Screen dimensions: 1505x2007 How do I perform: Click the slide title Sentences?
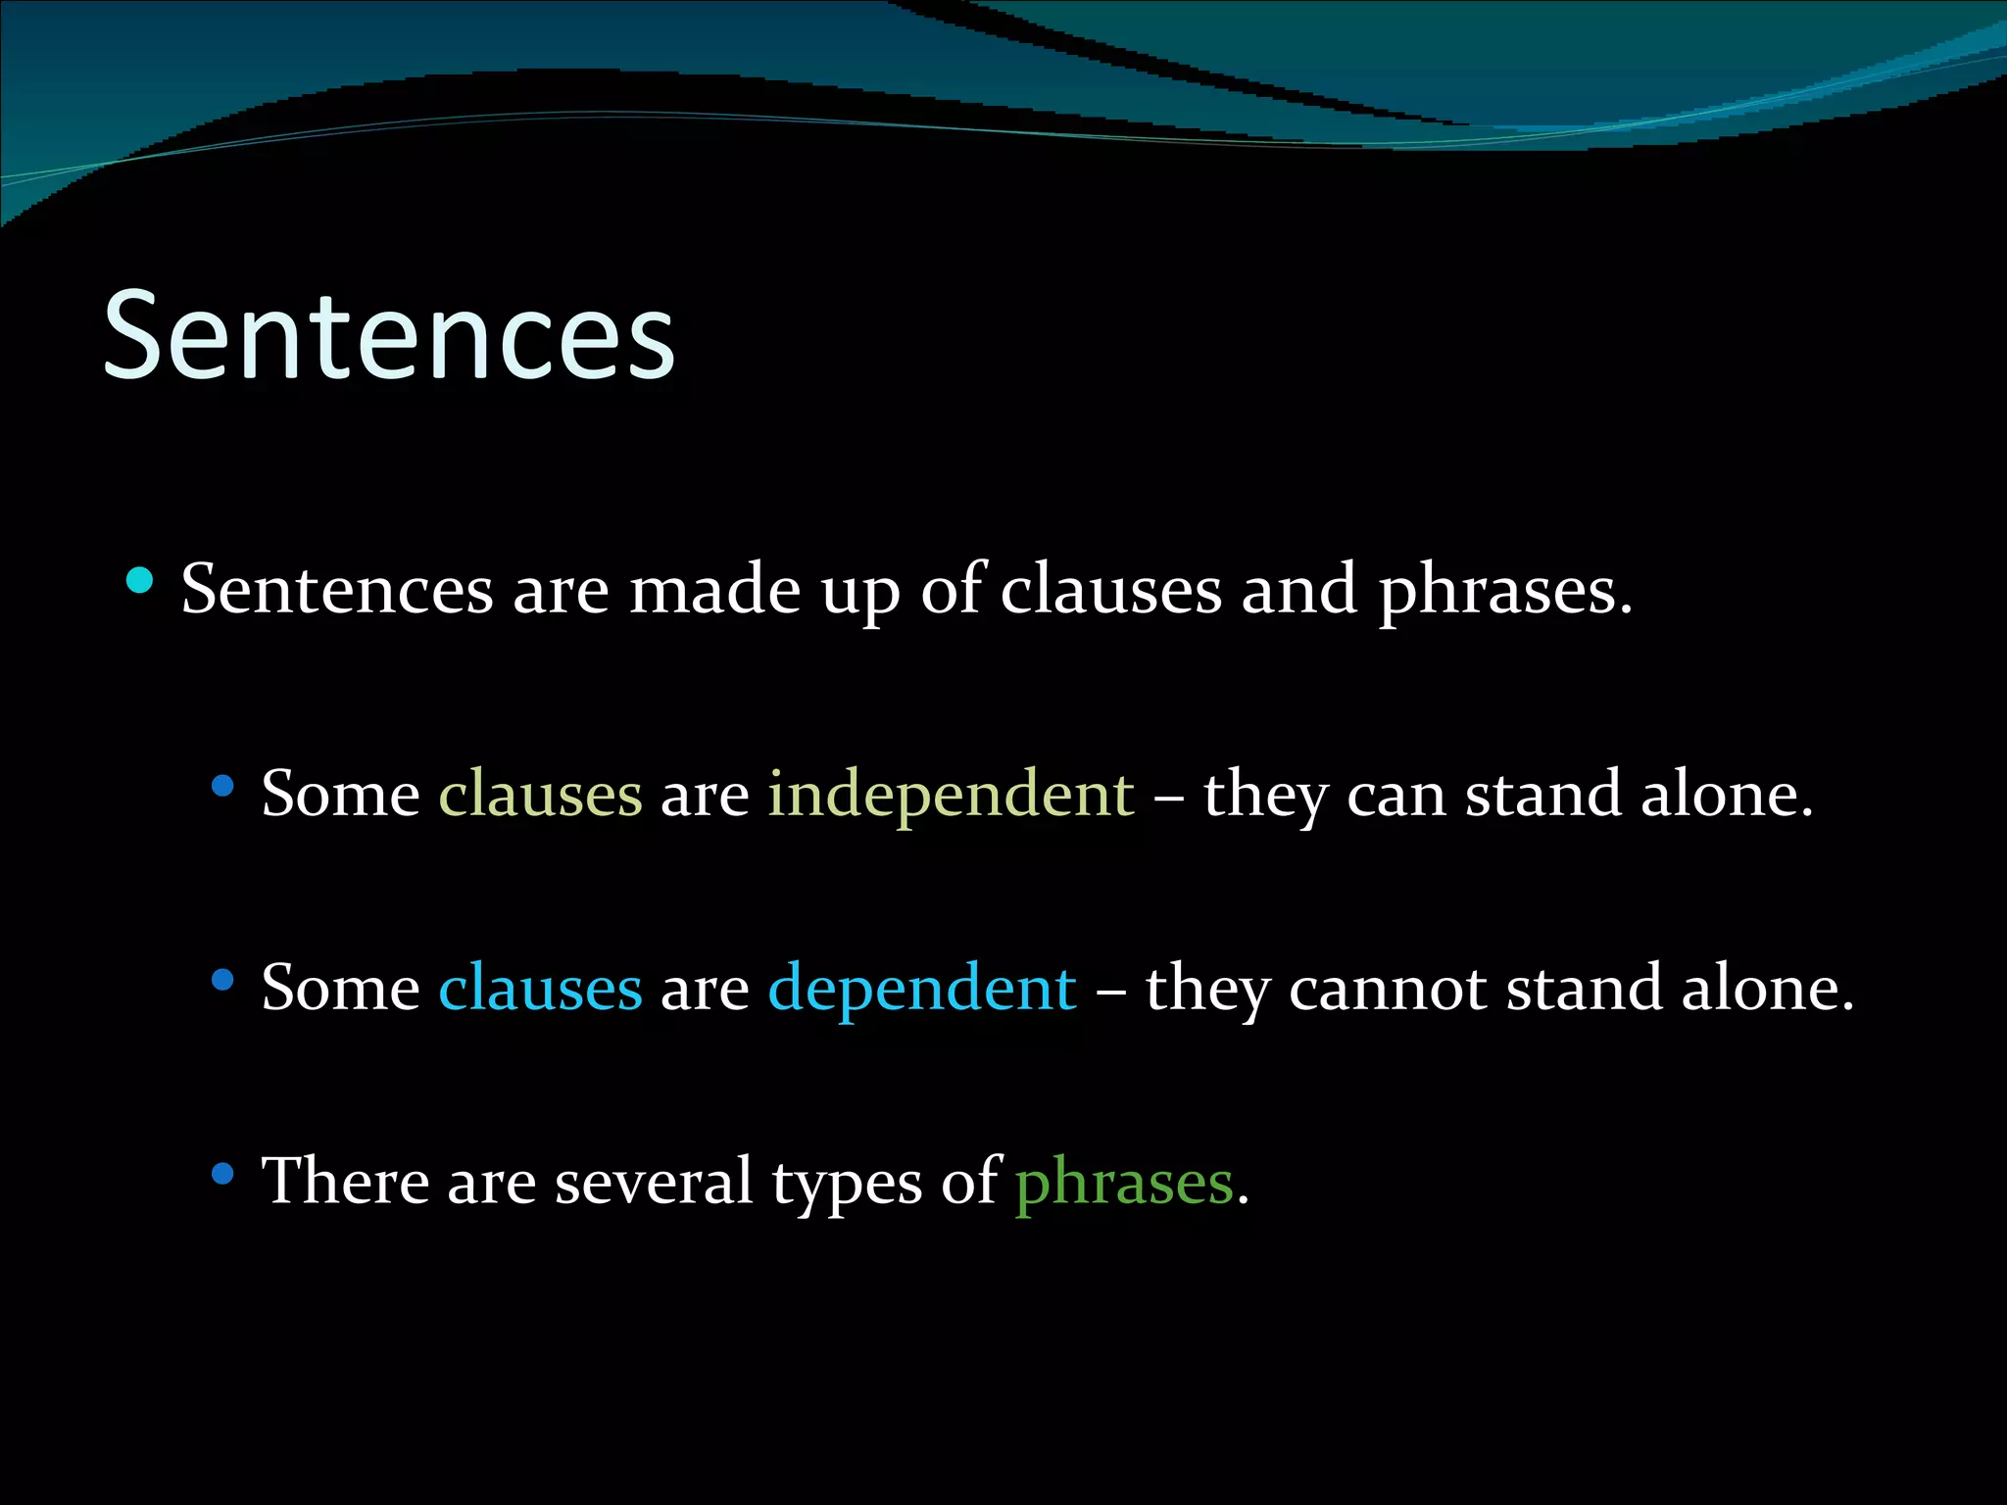click(389, 335)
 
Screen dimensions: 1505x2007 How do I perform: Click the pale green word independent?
click(951, 794)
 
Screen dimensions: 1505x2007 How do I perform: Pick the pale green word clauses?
click(540, 793)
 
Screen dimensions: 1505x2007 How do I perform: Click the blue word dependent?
click(922, 988)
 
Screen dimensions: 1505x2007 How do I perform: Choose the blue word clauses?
click(540, 988)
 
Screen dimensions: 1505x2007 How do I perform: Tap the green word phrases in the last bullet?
click(1124, 1183)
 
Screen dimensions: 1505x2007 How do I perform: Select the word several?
click(653, 1181)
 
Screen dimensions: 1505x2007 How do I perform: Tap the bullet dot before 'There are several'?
click(223, 1172)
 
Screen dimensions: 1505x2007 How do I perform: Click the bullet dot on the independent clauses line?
click(223, 784)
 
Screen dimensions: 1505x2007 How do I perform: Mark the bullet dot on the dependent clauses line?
click(223, 979)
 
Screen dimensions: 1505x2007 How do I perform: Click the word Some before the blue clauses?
click(340, 988)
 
